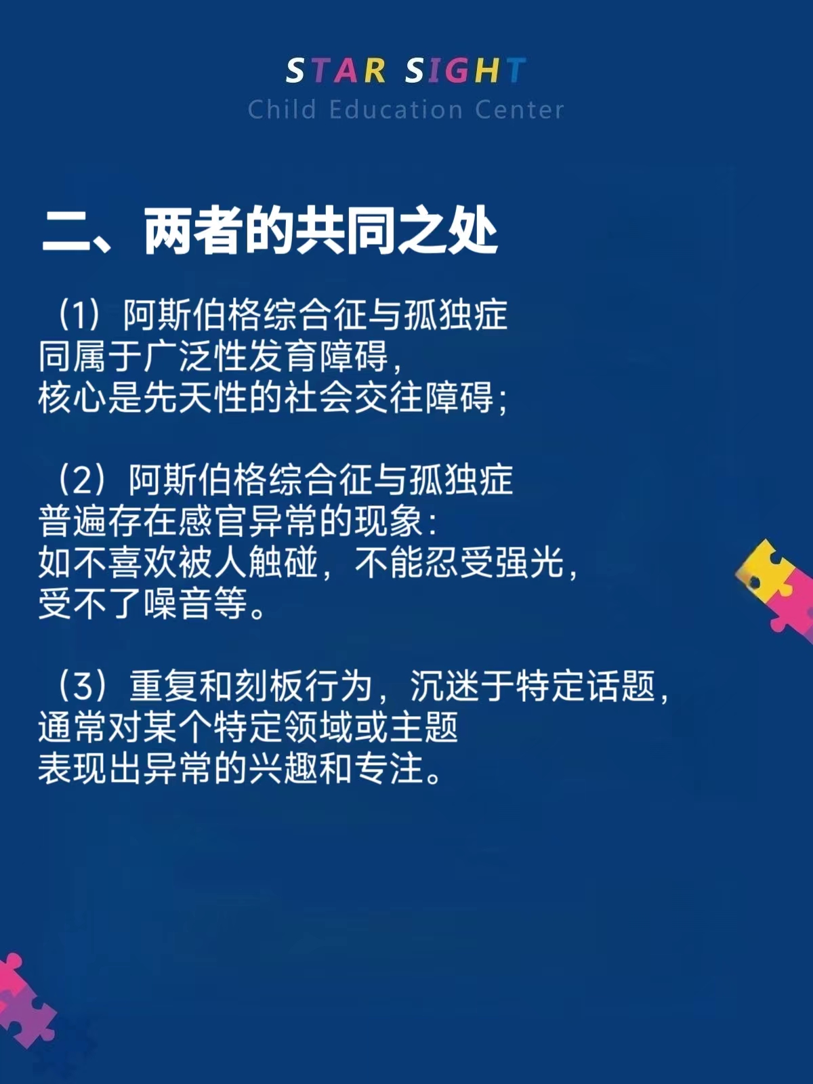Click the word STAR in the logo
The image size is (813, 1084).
tap(335, 70)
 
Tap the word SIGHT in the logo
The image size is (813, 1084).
tap(466, 70)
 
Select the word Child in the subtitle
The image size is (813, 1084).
tap(282, 109)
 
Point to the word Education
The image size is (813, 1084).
tap(396, 109)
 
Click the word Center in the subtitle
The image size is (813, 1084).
tap(519, 110)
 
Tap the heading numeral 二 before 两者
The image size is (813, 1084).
tap(62, 230)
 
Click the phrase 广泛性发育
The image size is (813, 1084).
tap(230, 356)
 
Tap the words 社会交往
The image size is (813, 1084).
tap(354, 398)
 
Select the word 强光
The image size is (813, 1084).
tap(529, 562)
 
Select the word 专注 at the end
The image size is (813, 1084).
tap(389, 768)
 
